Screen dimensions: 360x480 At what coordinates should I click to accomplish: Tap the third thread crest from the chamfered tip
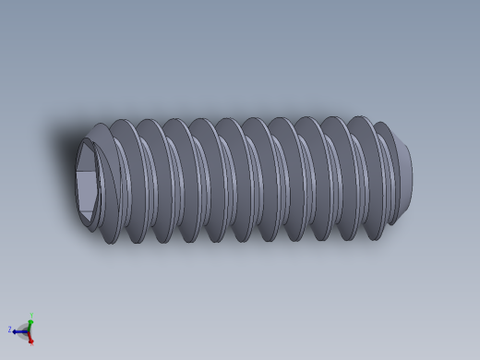[x=330, y=179]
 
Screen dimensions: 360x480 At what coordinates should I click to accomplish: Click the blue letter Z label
[x=10, y=329]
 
